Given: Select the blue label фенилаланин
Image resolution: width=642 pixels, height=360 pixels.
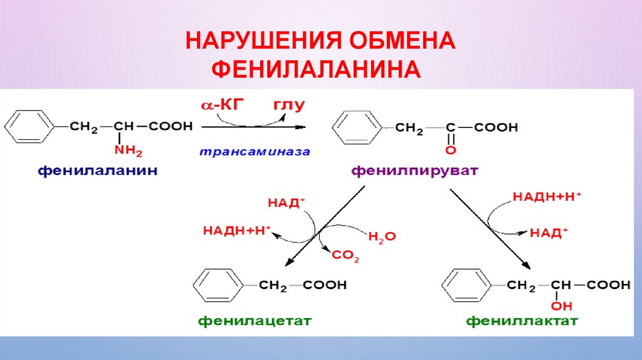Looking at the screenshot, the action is (x=97, y=170).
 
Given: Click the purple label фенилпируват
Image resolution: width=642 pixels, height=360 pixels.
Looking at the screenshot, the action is (x=415, y=170).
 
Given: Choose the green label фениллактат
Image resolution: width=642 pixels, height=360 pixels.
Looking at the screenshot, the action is (x=522, y=321).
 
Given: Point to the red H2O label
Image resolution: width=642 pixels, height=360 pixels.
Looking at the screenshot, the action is (x=382, y=236).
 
